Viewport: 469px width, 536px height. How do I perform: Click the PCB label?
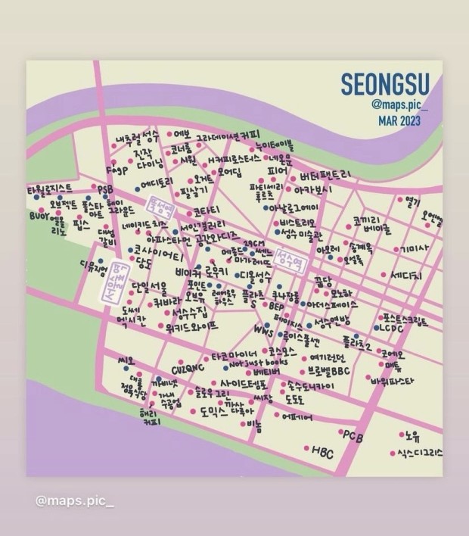(353, 435)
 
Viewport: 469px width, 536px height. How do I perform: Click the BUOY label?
(39, 216)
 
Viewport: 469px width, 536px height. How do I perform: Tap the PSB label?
(104, 188)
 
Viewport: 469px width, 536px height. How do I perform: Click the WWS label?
(263, 332)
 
